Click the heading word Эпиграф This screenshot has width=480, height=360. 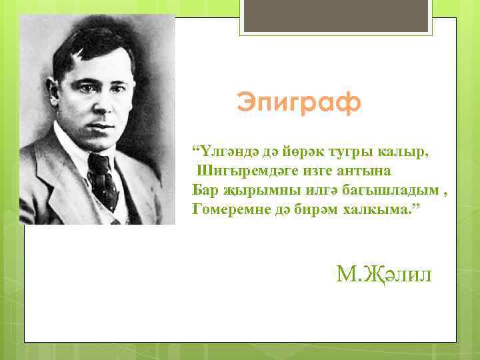[x=299, y=103]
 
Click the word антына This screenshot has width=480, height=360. [x=371, y=171]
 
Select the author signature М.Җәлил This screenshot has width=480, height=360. [x=385, y=273]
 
